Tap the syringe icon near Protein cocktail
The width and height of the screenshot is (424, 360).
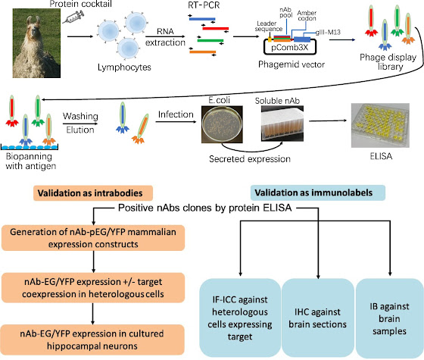tap(73, 17)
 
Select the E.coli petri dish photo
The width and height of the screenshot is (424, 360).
tap(222, 124)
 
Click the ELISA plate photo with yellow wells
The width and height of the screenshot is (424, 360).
tap(380, 125)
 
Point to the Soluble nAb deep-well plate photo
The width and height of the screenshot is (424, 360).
tap(282, 124)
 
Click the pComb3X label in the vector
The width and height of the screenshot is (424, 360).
tap(289, 48)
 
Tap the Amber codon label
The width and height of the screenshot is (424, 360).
tap(307, 16)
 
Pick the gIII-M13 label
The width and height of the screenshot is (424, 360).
tap(328, 33)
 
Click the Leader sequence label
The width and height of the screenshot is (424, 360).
tap(269, 26)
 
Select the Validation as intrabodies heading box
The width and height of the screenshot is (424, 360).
tap(93, 193)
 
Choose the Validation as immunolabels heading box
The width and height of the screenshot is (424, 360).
tap(318, 193)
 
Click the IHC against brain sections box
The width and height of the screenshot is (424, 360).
tap(318, 318)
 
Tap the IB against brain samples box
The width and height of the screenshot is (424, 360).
tap(389, 318)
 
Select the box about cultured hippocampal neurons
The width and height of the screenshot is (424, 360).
tap(92, 340)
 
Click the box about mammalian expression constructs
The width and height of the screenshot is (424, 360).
tap(93, 238)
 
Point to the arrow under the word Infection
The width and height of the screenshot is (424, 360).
tap(176, 122)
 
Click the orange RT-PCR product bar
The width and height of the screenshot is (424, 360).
tap(203, 52)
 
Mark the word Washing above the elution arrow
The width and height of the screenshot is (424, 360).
tap(80, 117)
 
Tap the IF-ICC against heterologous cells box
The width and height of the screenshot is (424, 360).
tap(240, 318)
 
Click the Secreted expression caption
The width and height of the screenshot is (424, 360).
tap(250, 158)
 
